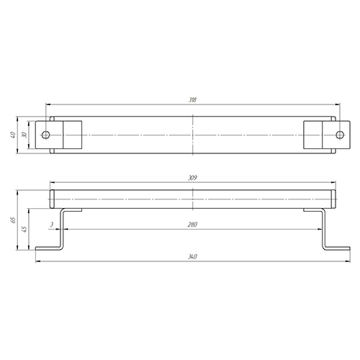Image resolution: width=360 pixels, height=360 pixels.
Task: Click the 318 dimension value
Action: (x=192, y=99)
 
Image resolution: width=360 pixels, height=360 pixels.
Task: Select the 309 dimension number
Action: (x=192, y=178)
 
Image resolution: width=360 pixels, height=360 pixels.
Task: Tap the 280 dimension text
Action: (x=192, y=225)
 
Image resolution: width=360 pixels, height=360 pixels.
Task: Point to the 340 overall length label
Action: (x=192, y=256)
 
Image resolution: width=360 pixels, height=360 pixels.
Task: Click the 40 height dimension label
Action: (x=13, y=135)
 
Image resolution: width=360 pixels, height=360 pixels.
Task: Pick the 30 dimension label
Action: (x=24, y=135)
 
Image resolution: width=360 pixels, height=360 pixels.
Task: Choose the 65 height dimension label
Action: (x=13, y=220)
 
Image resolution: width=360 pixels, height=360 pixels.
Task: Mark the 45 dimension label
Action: (x=24, y=229)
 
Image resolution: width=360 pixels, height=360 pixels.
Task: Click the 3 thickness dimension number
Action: (x=51, y=225)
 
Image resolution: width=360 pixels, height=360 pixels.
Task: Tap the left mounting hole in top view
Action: (x=45, y=135)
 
